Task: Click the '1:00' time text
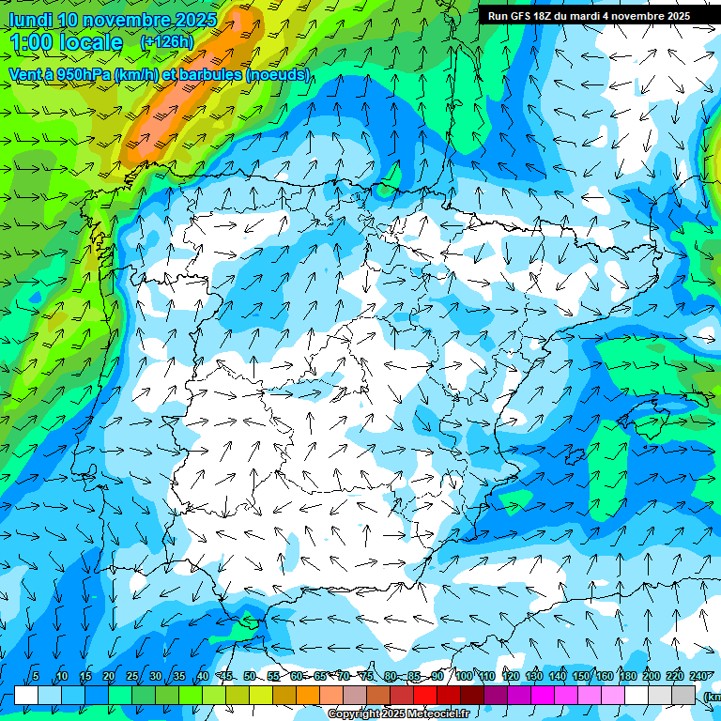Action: (x=35, y=42)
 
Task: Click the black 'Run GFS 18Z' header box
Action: (x=589, y=16)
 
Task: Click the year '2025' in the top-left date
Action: (x=189, y=20)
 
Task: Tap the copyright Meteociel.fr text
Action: (x=399, y=714)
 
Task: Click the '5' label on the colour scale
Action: (x=36, y=676)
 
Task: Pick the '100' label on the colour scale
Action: (x=464, y=676)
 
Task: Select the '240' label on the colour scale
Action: (x=698, y=676)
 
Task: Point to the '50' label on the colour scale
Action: (x=250, y=676)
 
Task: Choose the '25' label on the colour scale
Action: (x=132, y=676)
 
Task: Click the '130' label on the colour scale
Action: (x=534, y=676)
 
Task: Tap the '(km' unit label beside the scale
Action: (x=712, y=697)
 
